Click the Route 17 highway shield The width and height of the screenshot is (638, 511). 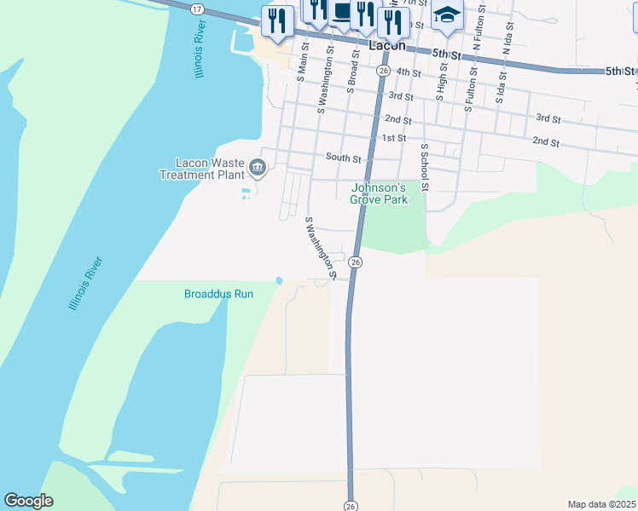(198, 8)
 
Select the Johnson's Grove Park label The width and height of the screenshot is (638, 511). (379, 193)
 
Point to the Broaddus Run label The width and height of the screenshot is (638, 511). (219, 294)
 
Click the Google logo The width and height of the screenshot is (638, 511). (28, 501)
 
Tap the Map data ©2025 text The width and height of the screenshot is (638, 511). (600, 504)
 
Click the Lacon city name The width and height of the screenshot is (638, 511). (387, 45)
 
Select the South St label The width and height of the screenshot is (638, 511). (344, 158)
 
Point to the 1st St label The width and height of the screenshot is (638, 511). (393, 137)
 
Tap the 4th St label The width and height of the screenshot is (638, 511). (409, 73)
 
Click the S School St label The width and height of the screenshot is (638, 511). (424, 166)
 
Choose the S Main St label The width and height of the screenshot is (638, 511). (302, 61)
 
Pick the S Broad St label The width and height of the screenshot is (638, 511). (351, 65)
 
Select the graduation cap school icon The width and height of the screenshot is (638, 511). (447, 16)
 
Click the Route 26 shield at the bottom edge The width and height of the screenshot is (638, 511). (351, 505)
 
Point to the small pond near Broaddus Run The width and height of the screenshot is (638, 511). (279, 280)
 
